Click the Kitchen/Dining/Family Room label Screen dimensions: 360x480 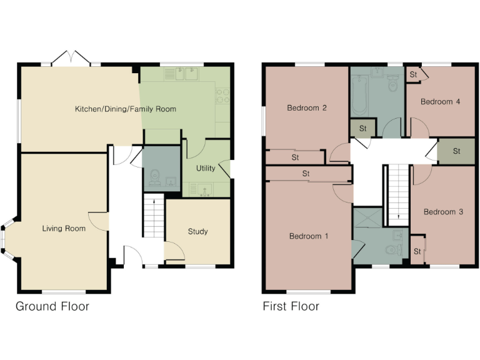point(126,109)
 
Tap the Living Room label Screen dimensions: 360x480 point(64,229)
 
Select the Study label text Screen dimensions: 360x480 point(197,232)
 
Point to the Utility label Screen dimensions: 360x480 point(206,169)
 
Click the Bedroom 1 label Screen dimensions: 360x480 point(308,236)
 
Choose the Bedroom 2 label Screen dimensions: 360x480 point(307,108)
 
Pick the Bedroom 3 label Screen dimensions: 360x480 point(443,212)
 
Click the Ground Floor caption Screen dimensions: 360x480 point(52,306)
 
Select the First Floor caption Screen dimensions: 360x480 point(291,306)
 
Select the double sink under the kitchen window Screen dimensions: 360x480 point(181,74)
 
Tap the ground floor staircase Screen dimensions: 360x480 point(154,216)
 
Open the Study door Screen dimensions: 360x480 point(176,252)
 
